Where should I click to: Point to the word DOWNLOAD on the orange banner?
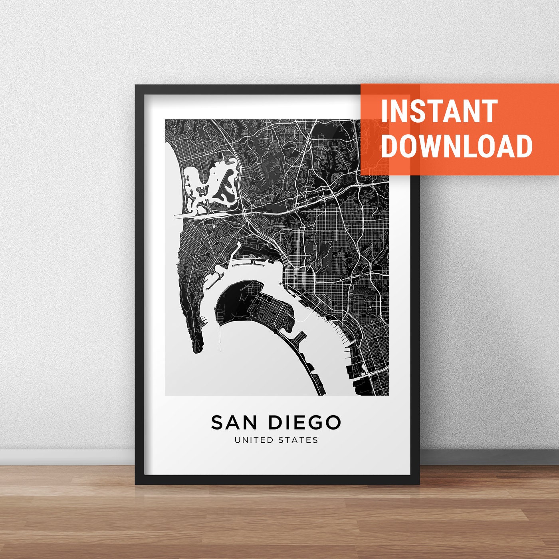tap(457, 146)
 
